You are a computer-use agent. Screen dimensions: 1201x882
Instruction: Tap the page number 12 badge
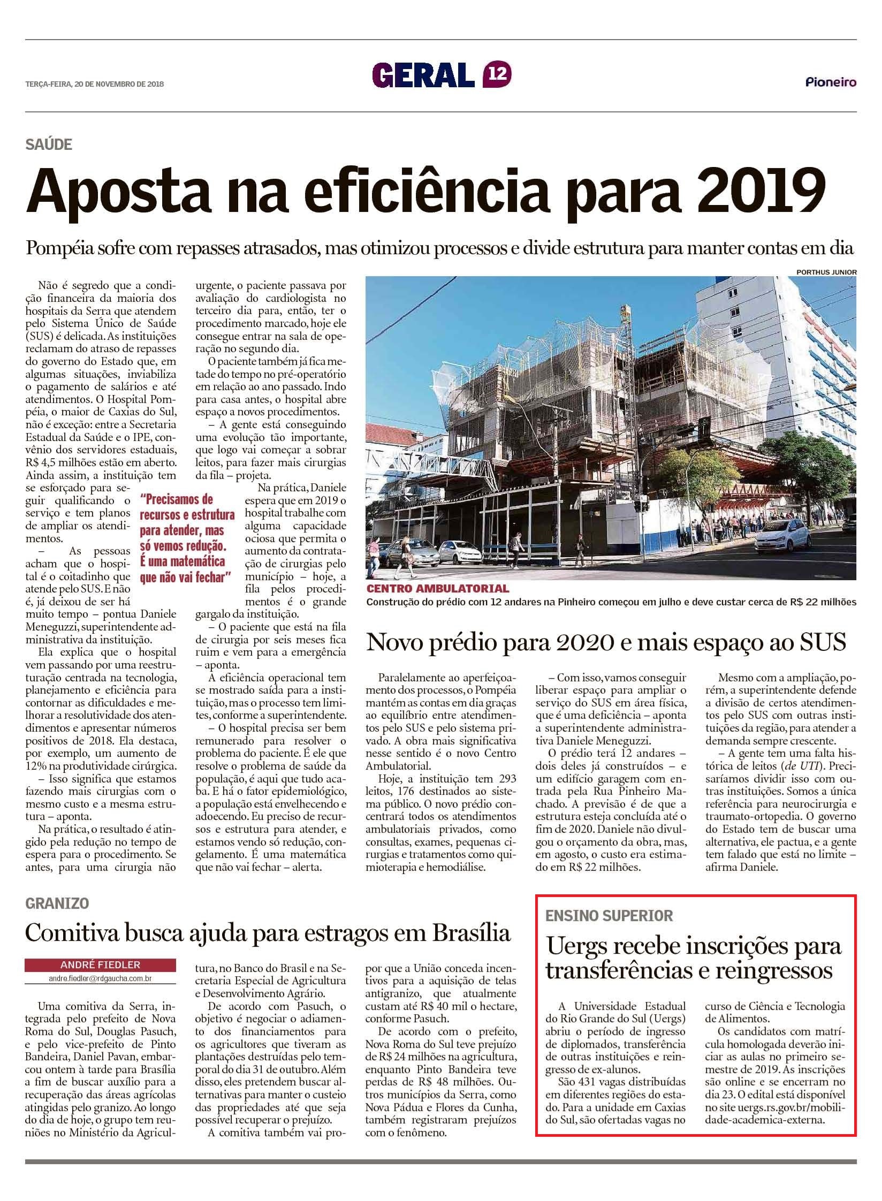click(497, 74)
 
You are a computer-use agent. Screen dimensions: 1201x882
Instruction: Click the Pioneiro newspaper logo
click(831, 82)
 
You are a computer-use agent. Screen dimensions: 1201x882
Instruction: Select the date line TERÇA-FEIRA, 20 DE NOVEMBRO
click(94, 84)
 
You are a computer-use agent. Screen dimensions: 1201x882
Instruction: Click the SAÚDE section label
click(48, 144)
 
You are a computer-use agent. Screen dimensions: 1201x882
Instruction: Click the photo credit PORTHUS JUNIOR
click(826, 272)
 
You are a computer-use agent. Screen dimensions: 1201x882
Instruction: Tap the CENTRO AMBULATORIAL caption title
click(437, 589)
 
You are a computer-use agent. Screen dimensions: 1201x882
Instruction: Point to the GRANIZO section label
click(57, 903)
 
